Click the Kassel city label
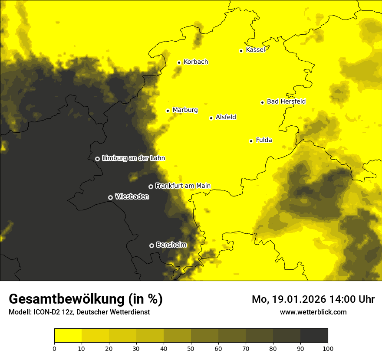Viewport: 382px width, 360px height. [255, 50]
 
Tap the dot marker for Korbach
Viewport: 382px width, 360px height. [179, 62]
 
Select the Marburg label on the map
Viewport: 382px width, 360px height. [185, 110]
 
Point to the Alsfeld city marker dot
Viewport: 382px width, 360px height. [211, 118]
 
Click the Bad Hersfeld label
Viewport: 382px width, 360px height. [286, 102]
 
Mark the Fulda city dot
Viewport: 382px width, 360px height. [251, 141]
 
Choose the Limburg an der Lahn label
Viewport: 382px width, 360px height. [133, 158]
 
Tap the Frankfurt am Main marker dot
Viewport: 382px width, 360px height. [151, 187]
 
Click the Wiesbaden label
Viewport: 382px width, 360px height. [132, 197]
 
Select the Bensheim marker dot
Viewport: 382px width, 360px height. [151, 245]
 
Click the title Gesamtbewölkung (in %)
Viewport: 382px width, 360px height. [86, 299]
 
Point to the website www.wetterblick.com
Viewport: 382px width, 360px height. [313, 312]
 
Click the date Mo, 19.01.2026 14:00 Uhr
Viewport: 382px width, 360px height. [313, 299]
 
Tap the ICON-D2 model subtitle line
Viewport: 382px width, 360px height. [79, 312]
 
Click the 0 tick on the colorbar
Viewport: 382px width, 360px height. [54, 348]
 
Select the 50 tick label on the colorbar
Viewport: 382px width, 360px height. [191, 348]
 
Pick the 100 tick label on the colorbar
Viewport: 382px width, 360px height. [328, 348]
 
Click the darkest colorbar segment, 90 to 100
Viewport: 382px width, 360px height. [314, 336]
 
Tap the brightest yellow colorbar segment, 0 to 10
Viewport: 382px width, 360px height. [68, 336]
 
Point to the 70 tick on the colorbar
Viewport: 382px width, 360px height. [246, 348]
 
